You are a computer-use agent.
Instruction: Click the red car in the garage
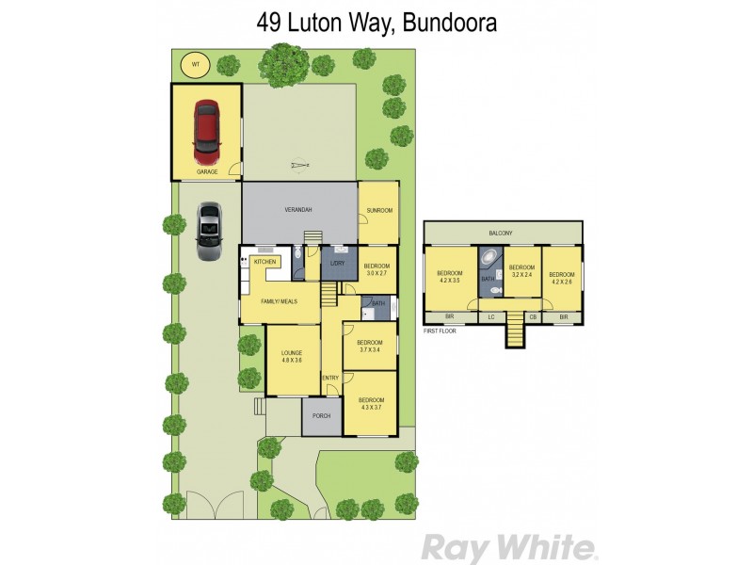(205, 132)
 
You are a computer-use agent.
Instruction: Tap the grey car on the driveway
(208, 230)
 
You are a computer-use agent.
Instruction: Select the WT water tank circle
(197, 64)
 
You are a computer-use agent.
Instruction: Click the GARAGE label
(207, 172)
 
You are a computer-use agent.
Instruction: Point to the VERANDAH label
(299, 210)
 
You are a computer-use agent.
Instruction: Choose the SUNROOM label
(379, 210)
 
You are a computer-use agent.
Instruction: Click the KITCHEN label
(264, 261)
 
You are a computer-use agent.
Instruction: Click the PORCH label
(321, 415)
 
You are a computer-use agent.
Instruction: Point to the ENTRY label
(330, 378)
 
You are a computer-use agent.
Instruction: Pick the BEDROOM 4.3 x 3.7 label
(371, 404)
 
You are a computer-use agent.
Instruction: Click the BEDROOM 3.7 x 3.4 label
(370, 346)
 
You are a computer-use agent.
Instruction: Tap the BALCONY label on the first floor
(502, 232)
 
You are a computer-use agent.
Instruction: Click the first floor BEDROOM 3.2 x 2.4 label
(521, 271)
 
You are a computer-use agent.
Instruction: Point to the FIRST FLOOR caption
(441, 331)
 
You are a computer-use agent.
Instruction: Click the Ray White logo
(507, 547)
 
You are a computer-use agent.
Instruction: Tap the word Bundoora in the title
(450, 23)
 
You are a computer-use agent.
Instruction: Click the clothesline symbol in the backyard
(299, 166)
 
